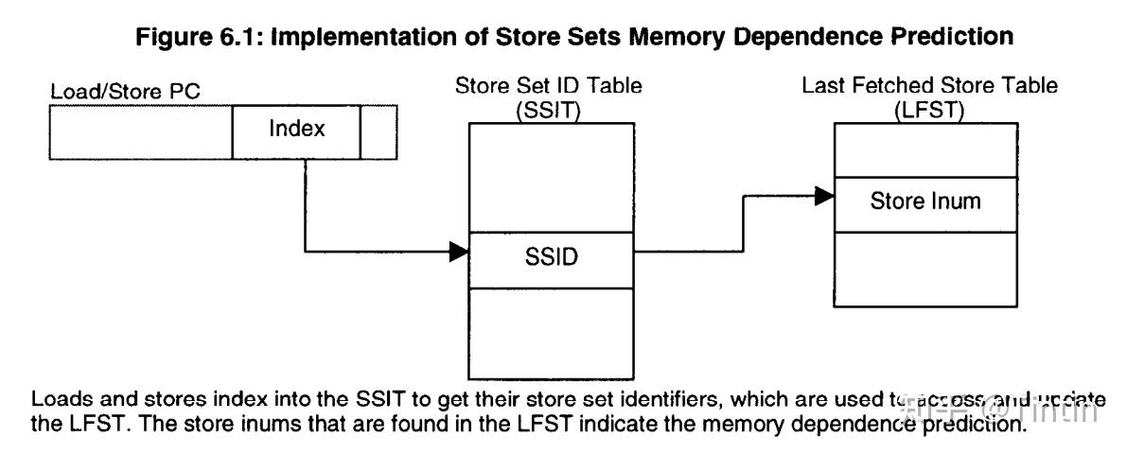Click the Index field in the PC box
pos(296,130)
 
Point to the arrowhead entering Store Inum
pos(825,197)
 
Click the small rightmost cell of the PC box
pos(373,130)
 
